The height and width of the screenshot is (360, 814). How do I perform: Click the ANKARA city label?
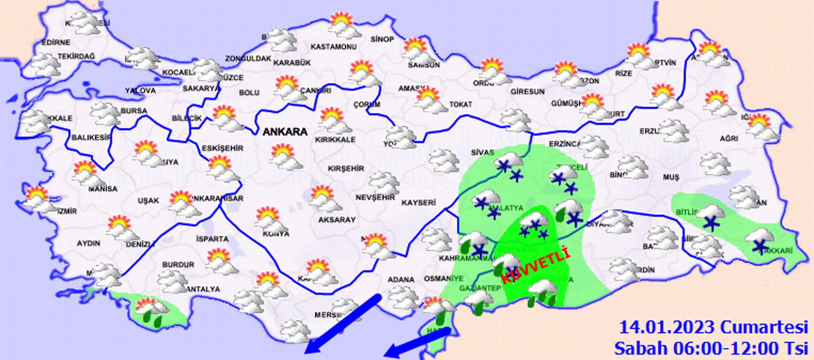pos(285,132)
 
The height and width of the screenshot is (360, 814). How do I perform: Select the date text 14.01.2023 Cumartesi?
pos(714,327)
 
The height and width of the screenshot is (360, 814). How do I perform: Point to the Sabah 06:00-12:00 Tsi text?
pos(711,348)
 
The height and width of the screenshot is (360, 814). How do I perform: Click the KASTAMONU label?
pos(334,47)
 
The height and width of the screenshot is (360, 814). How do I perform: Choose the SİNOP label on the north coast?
pos(382,39)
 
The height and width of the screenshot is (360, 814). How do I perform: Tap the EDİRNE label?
pos(56,42)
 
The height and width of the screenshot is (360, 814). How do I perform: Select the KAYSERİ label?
pos(418,203)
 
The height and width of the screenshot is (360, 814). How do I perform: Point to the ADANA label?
pos(401,279)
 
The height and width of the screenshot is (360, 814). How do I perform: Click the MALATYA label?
pos(507,208)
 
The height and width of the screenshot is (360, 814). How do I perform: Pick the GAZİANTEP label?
pos(480,288)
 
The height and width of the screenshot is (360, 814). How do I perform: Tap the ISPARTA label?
pos(212,239)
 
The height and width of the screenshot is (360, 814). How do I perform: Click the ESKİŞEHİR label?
pos(223,148)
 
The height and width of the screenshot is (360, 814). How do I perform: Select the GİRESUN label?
pos(527,91)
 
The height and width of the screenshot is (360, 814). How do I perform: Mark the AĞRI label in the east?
pos(729,138)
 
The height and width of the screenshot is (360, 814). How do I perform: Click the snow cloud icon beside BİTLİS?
pos(710,217)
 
